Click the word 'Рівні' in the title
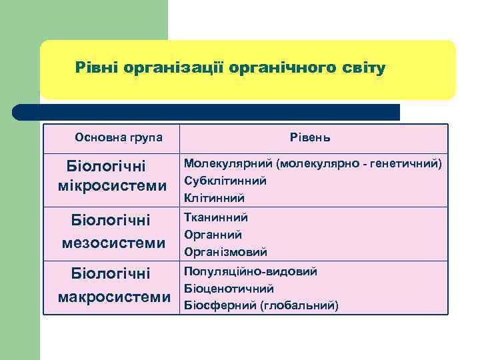click(94, 68)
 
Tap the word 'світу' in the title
click(363, 68)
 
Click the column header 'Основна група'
click(119, 137)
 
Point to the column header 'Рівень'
click(310, 138)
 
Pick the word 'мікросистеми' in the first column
click(112, 185)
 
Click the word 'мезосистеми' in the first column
click(113, 243)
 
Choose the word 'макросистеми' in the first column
click(114, 297)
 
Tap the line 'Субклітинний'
click(225, 181)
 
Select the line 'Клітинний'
click(214, 198)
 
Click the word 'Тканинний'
click(216, 217)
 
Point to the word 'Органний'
click(213, 235)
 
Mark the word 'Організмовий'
click(225, 252)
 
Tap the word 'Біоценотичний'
click(229, 289)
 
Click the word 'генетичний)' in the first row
click(407, 163)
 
